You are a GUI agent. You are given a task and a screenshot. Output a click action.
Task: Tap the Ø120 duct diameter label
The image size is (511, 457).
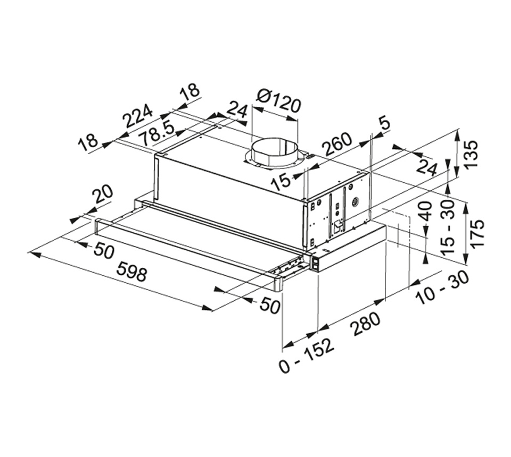click(278, 101)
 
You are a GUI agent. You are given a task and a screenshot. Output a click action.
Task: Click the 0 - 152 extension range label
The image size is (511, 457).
click(307, 355)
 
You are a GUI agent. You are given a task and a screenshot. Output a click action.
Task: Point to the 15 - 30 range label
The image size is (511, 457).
click(447, 227)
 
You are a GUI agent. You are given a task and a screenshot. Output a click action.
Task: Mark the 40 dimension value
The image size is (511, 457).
click(426, 211)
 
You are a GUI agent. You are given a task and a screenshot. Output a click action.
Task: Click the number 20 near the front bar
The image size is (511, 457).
click(103, 194)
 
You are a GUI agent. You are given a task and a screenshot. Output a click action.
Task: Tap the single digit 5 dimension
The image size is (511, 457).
click(384, 124)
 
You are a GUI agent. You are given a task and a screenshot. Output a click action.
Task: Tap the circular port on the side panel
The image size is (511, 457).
click(355, 202)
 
